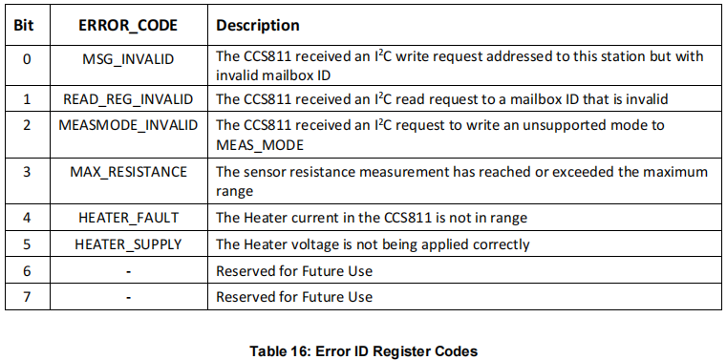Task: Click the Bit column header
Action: click(27, 26)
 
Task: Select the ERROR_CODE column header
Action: click(128, 26)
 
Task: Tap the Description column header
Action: click(258, 26)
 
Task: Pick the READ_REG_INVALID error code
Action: click(128, 99)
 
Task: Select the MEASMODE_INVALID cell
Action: click(128, 125)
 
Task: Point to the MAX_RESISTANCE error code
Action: click(128, 172)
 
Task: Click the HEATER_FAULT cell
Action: click(128, 218)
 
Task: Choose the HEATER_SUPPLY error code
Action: click(128, 244)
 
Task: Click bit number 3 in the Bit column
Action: click(27, 172)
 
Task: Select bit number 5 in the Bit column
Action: click(27, 244)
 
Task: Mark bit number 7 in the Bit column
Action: click(27, 297)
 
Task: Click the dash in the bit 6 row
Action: click(128, 271)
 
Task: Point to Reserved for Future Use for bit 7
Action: click(294, 297)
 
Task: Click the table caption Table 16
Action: click(363, 350)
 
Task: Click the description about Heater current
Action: click(372, 218)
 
